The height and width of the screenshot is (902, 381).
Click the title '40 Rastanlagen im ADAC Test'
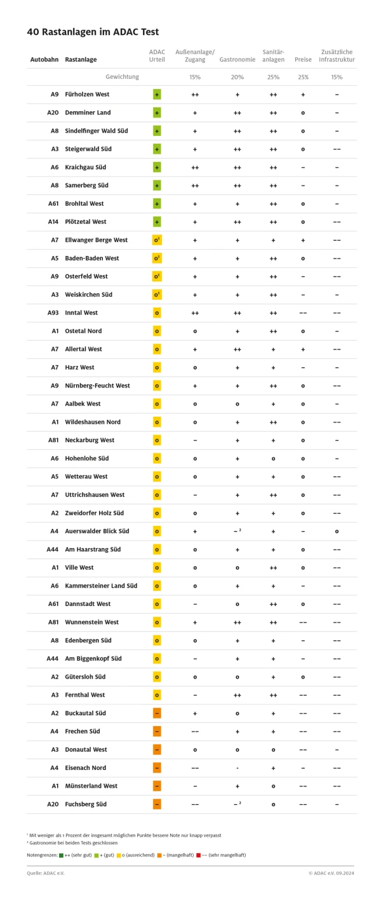click(93, 31)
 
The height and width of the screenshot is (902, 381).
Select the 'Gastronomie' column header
click(237, 60)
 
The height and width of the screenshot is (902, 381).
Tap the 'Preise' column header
click(303, 60)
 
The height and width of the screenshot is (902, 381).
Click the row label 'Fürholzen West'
click(87, 94)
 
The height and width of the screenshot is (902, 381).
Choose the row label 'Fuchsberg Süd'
click(86, 804)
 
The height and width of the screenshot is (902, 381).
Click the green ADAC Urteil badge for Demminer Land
click(157, 112)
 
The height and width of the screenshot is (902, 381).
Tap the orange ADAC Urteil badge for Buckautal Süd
click(157, 713)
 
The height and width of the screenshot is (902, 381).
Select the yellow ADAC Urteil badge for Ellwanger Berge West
click(157, 240)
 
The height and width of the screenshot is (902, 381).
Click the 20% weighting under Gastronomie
click(237, 77)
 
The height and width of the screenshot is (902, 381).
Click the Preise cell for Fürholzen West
click(303, 94)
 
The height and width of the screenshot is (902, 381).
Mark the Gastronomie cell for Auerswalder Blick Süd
click(237, 531)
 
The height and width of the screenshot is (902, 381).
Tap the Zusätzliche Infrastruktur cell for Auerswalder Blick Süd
click(337, 531)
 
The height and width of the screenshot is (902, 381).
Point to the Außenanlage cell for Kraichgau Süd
click(195, 167)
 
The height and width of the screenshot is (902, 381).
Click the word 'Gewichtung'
click(122, 77)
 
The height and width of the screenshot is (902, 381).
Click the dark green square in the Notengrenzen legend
click(61, 854)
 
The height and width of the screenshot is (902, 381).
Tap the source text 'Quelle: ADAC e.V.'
click(46, 873)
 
